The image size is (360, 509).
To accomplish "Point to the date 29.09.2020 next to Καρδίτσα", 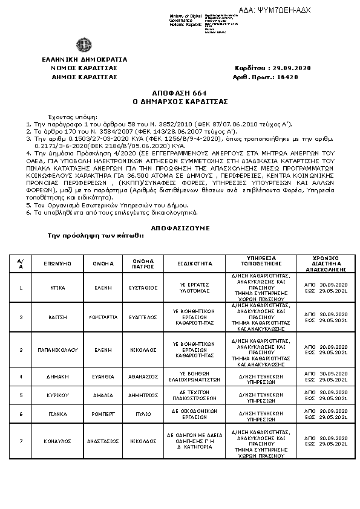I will (290, 68).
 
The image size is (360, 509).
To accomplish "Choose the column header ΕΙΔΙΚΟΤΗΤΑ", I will (194, 264).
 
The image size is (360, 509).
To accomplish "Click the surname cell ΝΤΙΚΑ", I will (58, 288).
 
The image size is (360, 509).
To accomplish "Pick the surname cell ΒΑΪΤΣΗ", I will (58, 317).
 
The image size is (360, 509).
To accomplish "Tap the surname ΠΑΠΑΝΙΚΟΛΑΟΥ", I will (58, 349).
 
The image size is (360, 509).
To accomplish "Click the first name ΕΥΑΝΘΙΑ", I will (103, 376).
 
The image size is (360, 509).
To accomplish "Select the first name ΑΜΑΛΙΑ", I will (103, 395).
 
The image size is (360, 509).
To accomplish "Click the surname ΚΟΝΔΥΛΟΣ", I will (58, 441).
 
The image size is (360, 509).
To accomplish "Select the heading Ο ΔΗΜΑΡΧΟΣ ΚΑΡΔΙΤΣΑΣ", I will (180, 102).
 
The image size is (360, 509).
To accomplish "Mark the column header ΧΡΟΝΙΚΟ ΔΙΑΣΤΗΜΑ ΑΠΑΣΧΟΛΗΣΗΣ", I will (326, 264).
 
